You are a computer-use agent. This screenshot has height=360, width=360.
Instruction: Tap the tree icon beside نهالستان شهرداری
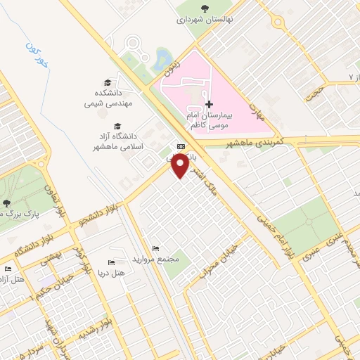pyautogui.click(x=205, y=8)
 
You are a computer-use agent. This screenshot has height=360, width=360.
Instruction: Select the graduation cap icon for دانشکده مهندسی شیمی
pyautogui.click(x=108, y=82)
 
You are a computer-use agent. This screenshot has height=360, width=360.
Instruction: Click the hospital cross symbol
pyautogui.click(x=209, y=104)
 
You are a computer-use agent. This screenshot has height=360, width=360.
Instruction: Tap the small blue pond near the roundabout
pyautogui.click(x=163, y=56)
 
